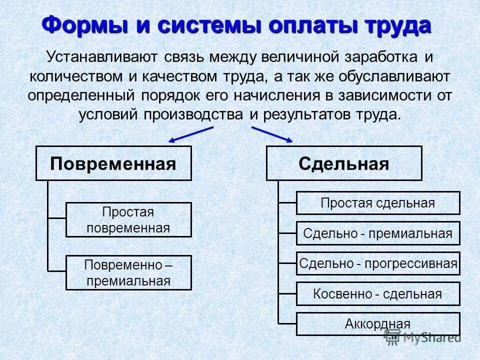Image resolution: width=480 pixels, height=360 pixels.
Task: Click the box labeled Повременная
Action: tap(113, 163)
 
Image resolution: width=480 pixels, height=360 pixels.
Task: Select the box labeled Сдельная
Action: tap(344, 163)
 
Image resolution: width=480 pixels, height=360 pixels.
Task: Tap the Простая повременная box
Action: tap(128, 219)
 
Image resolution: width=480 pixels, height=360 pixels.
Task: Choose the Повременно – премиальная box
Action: tap(128, 272)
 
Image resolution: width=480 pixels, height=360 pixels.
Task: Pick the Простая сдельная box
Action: tap(378, 203)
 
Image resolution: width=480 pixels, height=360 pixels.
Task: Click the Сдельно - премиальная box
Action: tap(378, 233)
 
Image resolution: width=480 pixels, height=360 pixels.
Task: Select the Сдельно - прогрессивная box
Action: tap(378, 263)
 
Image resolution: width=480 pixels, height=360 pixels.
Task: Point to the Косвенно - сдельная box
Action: tap(378, 293)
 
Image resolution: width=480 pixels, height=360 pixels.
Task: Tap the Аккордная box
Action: tap(378, 323)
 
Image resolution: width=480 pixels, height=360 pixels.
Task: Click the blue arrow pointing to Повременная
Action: tap(190, 134)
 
